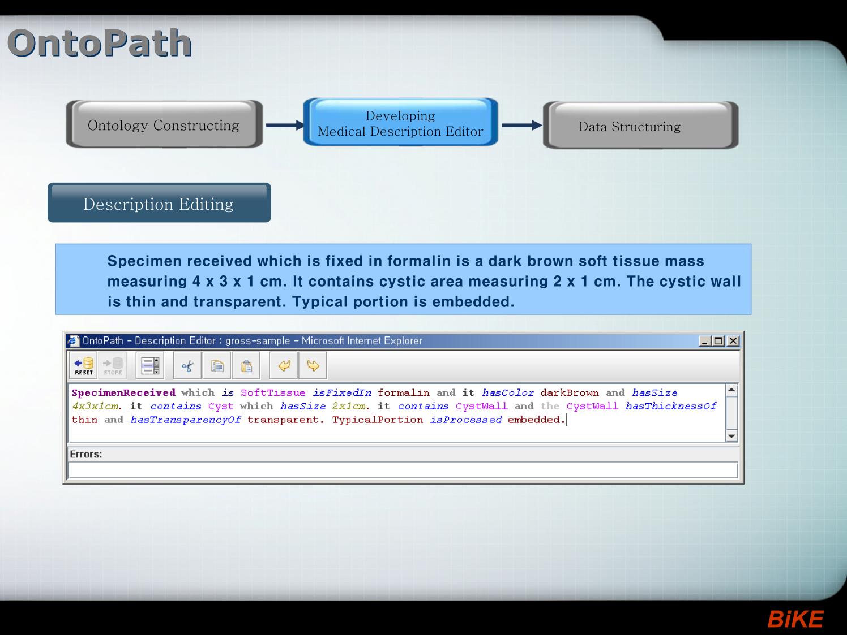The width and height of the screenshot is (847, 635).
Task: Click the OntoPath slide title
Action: pyautogui.click(x=100, y=43)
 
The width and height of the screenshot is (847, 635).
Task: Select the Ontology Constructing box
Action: pyautogui.click(x=164, y=124)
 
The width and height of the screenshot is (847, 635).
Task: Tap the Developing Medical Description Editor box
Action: pyautogui.click(x=400, y=122)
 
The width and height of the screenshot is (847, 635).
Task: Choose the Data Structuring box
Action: pyautogui.click(x=640, y=125)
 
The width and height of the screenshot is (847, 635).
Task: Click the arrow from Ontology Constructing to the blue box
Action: pyautogui.click(x=285, y=125)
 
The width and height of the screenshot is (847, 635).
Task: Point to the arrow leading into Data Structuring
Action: pyautogui.click(x=521, y=125)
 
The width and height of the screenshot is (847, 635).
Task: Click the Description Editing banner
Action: pyautogui.click(x=159, y=202)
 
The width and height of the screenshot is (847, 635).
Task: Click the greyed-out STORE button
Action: pyautogui.click(x=113, y=365)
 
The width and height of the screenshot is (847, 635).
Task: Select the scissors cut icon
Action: pyautogui.click(x=187, y=365)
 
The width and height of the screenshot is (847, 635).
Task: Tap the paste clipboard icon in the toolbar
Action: pyautogui.click(x=246, y=365)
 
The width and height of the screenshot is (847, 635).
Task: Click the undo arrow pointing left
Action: pyautogui.click(x=284, y=365)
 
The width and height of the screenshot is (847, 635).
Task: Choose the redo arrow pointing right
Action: pyautogui.click(x=313, y=365)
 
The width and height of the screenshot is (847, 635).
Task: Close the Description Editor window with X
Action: pyautogui.click(x=733, y=341)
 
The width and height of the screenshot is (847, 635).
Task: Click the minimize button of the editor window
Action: pyautogui.click(x=705, y=341)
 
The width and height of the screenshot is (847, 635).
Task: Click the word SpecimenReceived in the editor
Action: pyautogui.click(x=123, y=392)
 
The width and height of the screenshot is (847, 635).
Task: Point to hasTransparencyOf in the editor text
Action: pyautogui.click(x=186, y=420)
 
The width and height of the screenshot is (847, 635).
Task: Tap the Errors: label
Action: pyautogui.click(x=85, y=454)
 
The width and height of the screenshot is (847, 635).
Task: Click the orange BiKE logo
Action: pyautogui.click(x=795, y=619)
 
